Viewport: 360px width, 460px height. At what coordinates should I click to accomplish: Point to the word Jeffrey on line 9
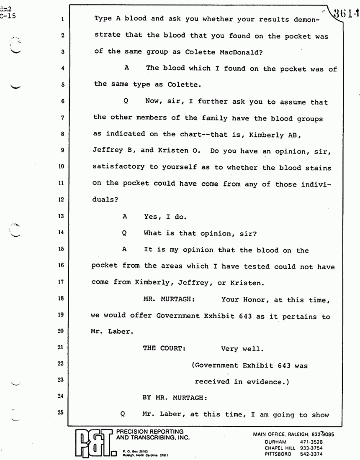tap(107, 151)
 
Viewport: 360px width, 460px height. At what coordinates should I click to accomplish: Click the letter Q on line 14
tap(124, 233)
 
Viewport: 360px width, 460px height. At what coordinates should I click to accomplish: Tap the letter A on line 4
tap(126, 69)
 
